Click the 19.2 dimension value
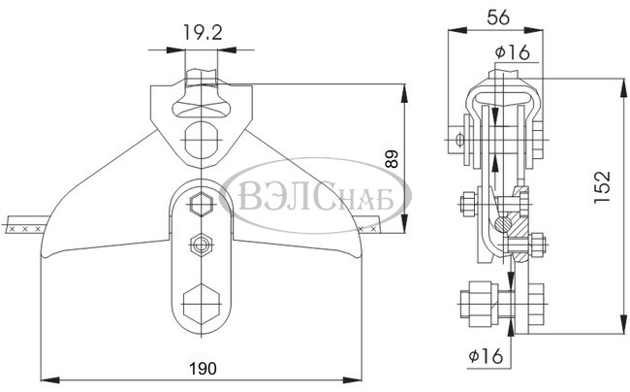tap(203, 32)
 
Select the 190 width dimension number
tap(203, 369)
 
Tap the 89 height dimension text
tap(392, 159)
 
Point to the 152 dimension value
tap(602, 187)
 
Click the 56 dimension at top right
tap(498, 17)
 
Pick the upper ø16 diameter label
tap(513, 52)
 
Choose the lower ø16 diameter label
tap(486, 355)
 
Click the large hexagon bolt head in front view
tap(202, 305)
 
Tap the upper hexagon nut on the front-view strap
tap(202, 205)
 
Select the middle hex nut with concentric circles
tap(202, 245)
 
